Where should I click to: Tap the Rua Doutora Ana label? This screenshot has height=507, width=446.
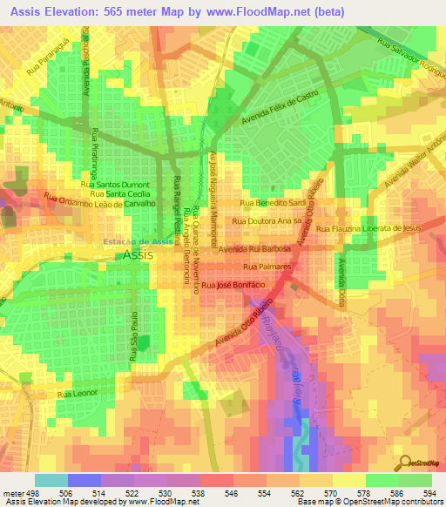[267, 222]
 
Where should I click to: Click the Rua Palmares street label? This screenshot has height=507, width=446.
[267, 266]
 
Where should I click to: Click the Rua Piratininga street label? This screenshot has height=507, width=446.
[94, 153]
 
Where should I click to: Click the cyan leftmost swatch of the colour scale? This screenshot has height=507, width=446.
[51, 480]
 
